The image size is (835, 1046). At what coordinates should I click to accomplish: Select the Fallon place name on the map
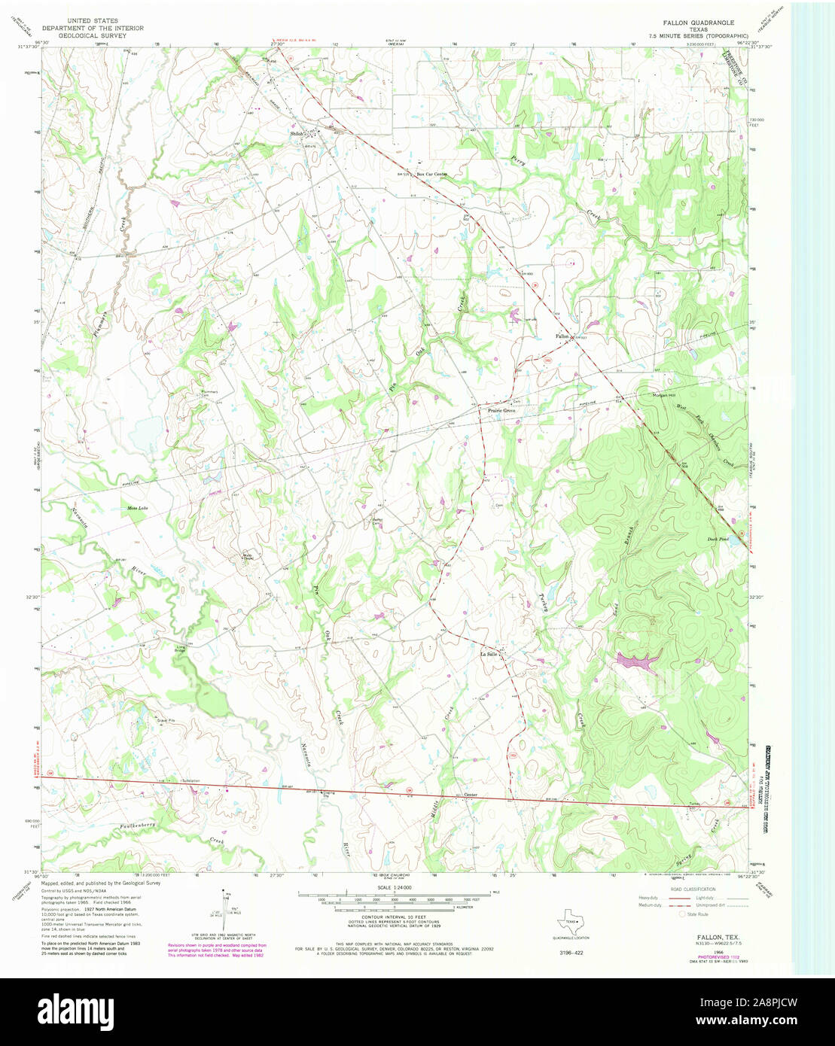click(x=562, y=336)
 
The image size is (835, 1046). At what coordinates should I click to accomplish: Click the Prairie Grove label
click(x=501, y=411)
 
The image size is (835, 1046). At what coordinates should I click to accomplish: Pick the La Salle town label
click(x=489, y=654)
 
